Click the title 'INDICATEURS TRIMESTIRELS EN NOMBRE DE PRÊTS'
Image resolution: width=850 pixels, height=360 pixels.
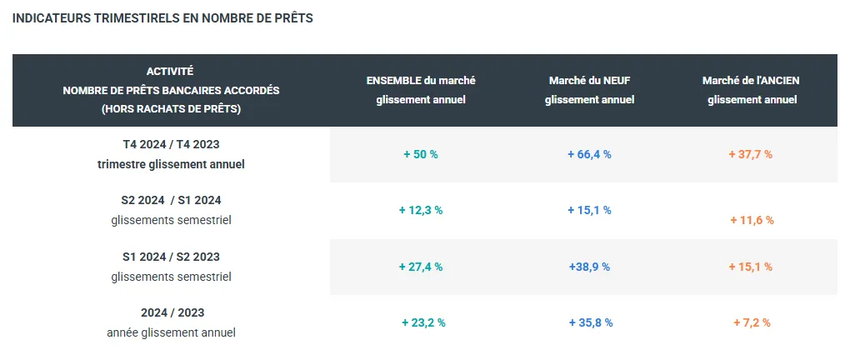tap(163, 18)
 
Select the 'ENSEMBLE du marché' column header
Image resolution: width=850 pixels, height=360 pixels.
tap(421, 81)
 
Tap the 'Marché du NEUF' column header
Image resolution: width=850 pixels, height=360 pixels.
tap(589, 81)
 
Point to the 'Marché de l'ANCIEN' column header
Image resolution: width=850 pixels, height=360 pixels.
tap(752, 81)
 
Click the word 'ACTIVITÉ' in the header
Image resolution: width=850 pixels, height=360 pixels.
tap(170, 72)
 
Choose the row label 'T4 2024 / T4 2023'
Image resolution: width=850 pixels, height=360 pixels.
tap(171, 145)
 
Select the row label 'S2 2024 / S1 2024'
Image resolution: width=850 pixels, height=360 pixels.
tap(171, 201)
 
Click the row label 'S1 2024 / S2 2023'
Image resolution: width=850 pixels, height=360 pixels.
tap(171, 257)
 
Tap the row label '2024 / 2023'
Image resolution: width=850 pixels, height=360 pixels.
tap(172, 313)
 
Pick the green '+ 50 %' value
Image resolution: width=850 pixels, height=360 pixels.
tap(421, 155)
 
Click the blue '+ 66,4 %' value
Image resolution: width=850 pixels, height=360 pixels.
tap(589, 155)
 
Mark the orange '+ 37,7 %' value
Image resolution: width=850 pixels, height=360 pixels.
tap(750, 155)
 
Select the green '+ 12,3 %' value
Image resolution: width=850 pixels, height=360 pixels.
tap(421, 211)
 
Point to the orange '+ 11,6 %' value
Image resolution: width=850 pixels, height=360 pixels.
tap(752, 221)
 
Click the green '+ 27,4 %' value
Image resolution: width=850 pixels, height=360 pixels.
tap(421, 267)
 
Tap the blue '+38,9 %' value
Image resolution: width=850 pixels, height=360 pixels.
tap(589, 267)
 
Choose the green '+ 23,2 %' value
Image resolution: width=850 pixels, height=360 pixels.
tap(423, 323)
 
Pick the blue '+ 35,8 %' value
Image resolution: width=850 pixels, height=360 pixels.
tap(591, 323)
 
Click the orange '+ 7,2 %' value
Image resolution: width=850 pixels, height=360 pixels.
tap(752, 323)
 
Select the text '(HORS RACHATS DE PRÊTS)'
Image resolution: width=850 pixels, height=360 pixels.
tap(170, 109)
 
